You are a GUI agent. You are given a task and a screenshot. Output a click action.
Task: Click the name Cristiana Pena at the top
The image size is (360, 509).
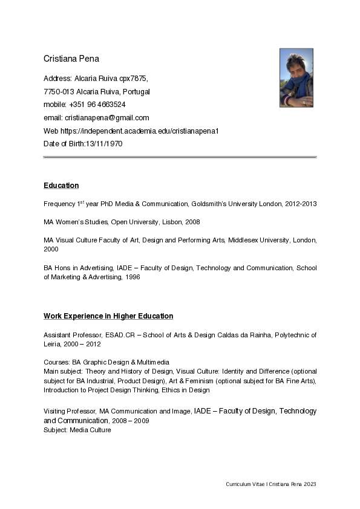coord(71,59)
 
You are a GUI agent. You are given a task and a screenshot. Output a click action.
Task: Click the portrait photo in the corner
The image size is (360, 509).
coord(296,77)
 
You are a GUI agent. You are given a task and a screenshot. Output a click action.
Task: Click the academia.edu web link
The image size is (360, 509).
coord(139,131)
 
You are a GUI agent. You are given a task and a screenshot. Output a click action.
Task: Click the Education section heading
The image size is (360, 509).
coord(61,185)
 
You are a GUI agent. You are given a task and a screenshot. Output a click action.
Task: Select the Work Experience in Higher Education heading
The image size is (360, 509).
coord(108,316)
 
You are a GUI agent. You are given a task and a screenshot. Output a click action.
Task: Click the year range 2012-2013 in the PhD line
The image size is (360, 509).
coord(300,204)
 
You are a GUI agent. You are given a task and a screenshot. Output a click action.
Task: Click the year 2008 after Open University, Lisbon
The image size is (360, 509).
coord(192,222)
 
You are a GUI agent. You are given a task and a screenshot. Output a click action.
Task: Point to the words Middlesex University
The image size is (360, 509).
coord(257,240)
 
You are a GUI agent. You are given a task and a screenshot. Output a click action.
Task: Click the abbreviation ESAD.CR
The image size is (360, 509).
coord(119,334)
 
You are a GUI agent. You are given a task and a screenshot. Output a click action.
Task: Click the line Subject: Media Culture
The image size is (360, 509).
coord(77,430)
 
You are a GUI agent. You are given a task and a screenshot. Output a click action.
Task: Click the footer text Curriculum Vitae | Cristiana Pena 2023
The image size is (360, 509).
coord(271,484)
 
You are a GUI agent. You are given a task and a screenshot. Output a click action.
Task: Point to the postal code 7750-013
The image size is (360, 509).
coord(59,92)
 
